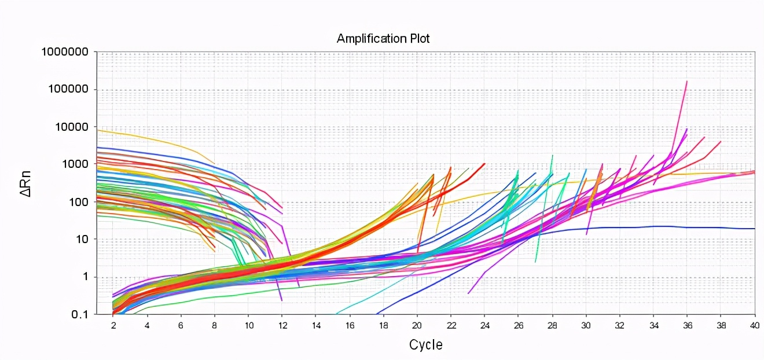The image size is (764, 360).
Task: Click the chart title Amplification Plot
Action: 383,39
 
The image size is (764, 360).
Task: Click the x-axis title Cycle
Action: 426,345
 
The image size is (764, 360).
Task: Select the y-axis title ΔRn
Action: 27,183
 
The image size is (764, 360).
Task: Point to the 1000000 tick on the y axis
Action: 64,52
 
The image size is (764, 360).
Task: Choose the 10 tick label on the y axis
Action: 82,239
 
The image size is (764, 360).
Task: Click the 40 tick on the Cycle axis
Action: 755,325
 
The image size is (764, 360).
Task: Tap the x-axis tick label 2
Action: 113,325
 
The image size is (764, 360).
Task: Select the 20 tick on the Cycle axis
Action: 417,325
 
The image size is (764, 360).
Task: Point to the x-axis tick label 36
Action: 687,325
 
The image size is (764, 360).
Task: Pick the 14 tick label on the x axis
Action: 315,325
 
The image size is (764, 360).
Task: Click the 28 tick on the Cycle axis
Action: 552,325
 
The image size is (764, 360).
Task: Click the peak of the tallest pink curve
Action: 686,82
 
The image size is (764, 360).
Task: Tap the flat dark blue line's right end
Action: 754,229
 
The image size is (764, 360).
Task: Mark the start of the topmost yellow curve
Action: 97,130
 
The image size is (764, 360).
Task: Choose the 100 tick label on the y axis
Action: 79,202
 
